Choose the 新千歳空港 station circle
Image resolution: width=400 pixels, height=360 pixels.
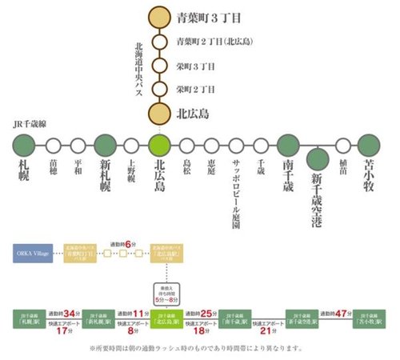317,158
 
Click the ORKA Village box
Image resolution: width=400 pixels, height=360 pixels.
30,254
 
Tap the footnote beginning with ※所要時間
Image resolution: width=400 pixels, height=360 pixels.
200,350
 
